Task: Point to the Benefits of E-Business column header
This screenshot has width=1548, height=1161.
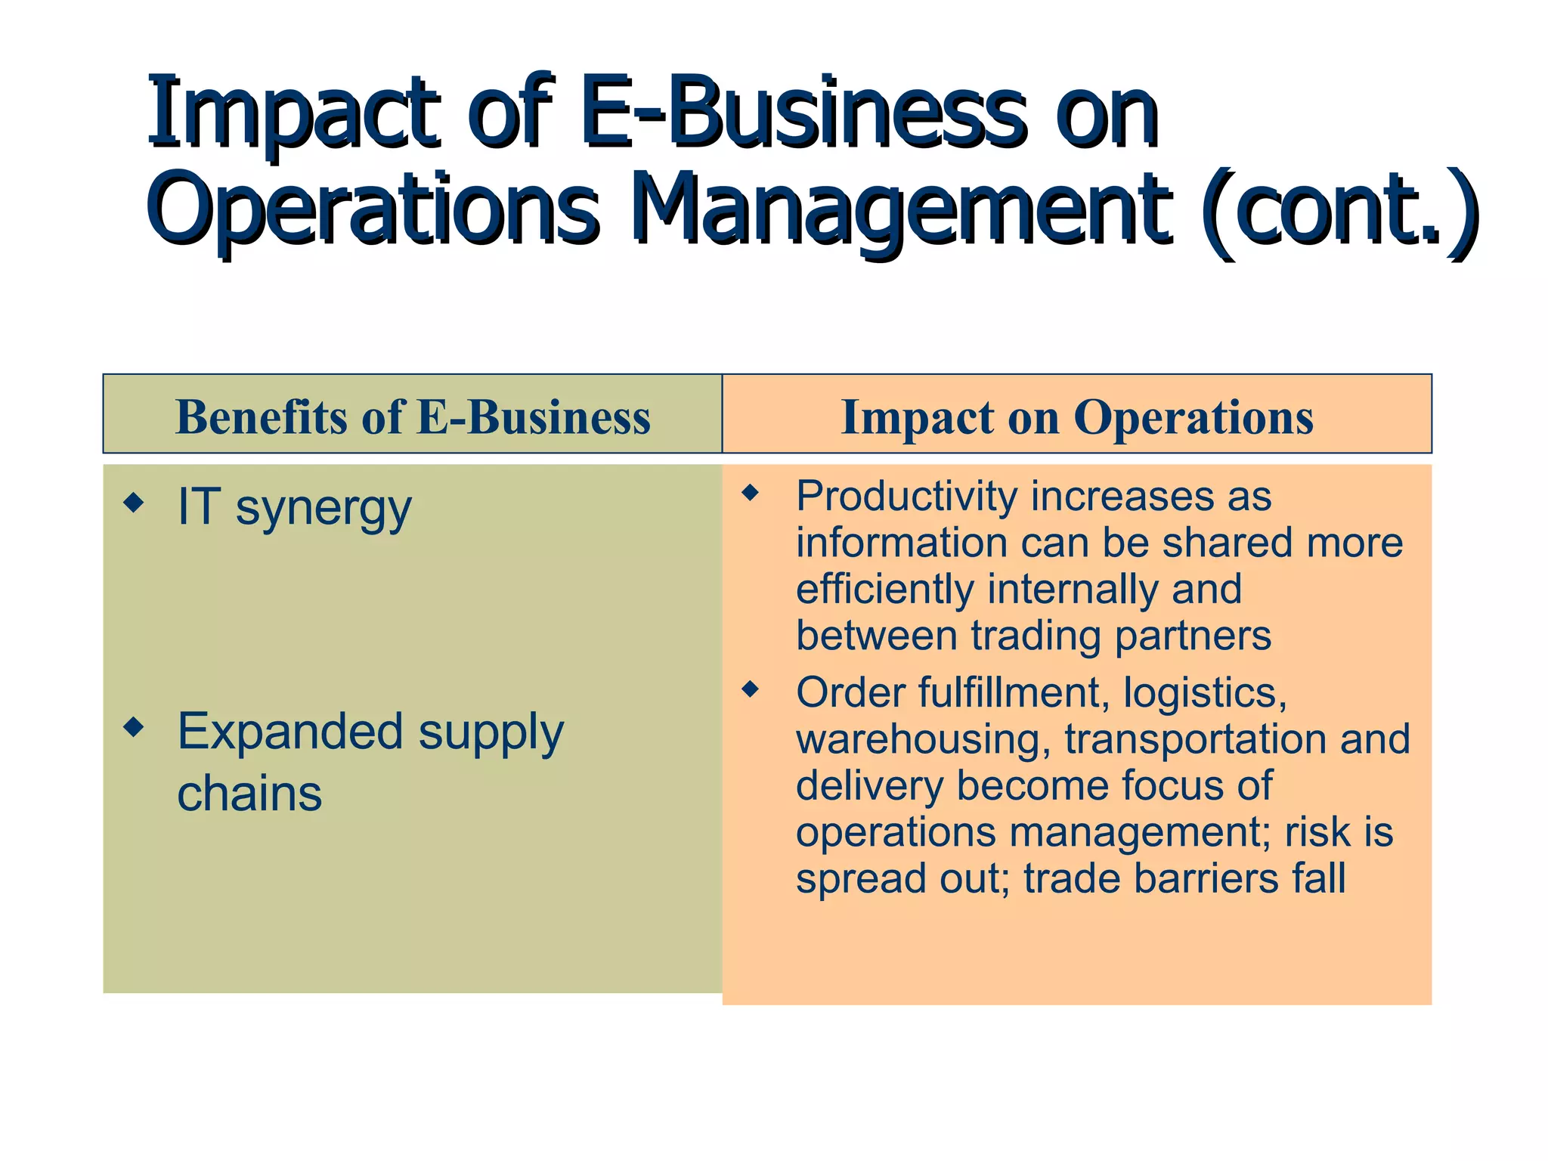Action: pos(413,416)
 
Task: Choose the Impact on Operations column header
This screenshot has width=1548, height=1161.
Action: pos(1077,416)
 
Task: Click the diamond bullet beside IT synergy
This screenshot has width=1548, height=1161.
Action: pos(134,503)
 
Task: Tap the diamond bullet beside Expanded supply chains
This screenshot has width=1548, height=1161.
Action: pos(134,727)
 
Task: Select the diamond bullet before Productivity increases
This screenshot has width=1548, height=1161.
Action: pos(750,494)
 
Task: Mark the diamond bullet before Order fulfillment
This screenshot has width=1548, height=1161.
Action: pos(750,689)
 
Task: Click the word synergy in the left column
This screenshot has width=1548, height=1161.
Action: pos(324,509)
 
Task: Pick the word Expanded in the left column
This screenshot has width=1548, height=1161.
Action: pos(289,732)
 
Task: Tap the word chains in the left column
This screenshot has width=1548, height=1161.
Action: pos(249,794)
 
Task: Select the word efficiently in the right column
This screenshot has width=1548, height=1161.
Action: pos(885,590)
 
